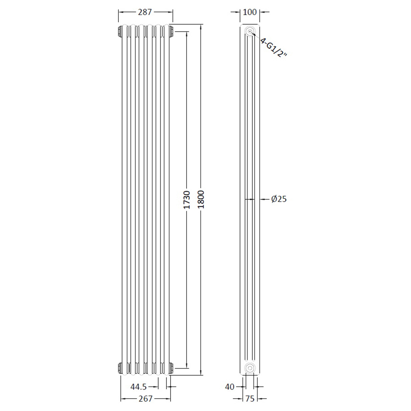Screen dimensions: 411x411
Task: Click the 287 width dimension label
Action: tap(145, 12)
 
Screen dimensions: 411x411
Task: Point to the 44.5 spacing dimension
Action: tap(139, 386)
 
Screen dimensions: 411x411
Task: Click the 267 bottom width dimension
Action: tap(145, 398)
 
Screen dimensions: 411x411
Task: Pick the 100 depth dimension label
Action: tap(249, 12)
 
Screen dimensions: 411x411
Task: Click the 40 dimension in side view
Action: tap(230, 386)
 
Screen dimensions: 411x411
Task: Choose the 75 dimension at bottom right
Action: tap(249, 398)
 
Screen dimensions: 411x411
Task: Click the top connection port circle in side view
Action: tap(249, 32)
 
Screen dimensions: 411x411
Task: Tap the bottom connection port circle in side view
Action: tap(249, 367)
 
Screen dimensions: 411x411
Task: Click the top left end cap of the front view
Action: tap(120, 31)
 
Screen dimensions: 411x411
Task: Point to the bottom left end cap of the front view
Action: tap(120, 367)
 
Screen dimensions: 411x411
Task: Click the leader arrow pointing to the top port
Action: tap(255, 36)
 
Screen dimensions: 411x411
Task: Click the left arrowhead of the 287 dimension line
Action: tap(120, 12)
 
